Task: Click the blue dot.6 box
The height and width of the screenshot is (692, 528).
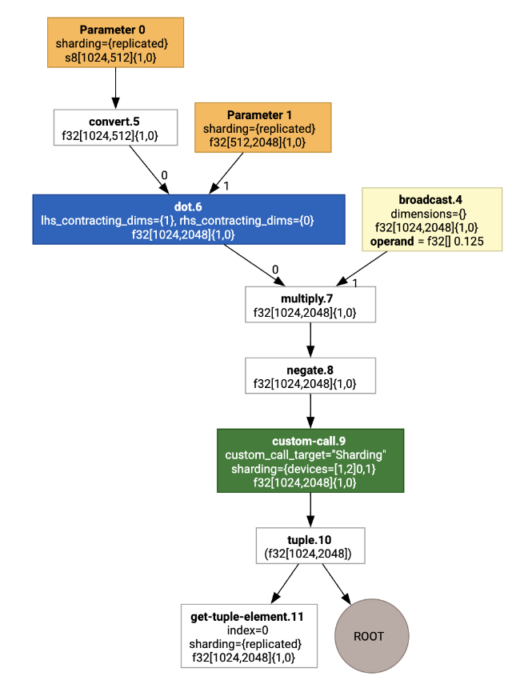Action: pyautogui.click(x=189, y=219)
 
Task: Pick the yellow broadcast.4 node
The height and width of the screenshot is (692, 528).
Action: pyautogui.click(x=432, y=219)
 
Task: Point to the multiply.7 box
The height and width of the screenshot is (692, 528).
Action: pyautogui.click(x=310, y=304)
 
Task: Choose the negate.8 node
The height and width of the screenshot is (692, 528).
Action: pyautogui.click(x=310, y=374)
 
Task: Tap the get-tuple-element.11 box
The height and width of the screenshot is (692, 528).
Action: pyautogui.click(x=249, y=636)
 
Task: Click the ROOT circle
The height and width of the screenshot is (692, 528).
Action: pyautogui.click(x=369, y=636)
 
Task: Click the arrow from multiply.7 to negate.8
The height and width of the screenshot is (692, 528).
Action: pyautogui.click(x=310, y=339)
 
